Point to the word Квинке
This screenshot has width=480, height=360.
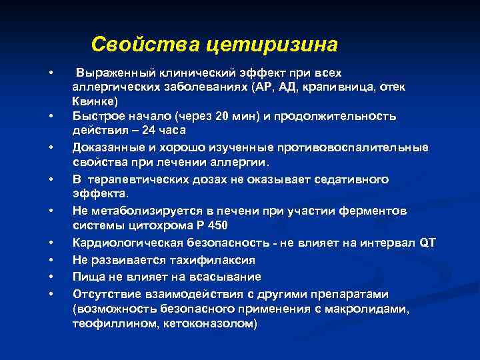(95, 101)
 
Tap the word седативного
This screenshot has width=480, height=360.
(349, 179)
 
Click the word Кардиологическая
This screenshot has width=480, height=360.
(125, 243)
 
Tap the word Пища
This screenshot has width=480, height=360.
(89, 276)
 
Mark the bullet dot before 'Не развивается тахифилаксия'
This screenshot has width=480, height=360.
(51, 259)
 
